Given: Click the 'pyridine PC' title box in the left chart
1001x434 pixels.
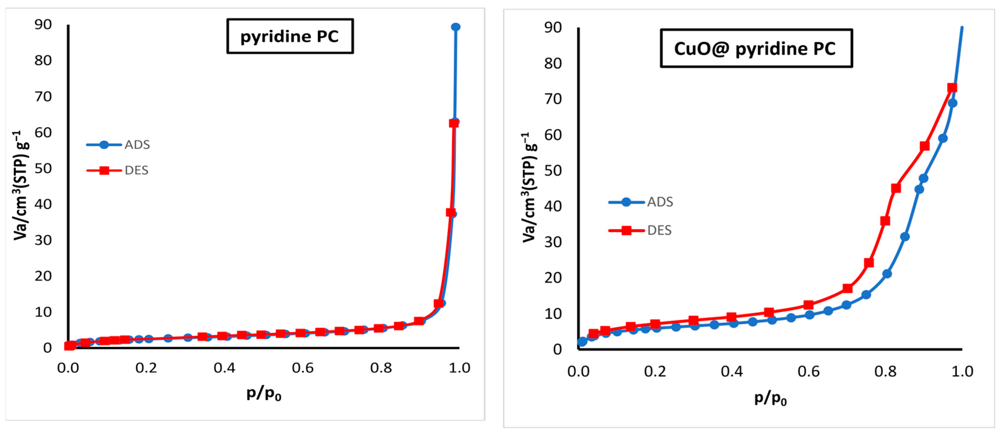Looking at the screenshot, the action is (290, 36).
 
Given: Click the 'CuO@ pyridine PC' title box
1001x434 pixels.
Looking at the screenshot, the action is (756, 48).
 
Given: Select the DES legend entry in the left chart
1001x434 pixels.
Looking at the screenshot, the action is (117, 170).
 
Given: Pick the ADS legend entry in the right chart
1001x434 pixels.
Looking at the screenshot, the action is (641, 202).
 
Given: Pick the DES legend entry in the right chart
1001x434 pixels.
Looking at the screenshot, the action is (640, 230).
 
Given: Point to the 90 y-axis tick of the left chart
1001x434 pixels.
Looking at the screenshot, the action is (43, 25).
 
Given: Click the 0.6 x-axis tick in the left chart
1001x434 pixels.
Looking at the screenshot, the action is (303, 368).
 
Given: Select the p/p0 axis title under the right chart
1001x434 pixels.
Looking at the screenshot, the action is (770, 398).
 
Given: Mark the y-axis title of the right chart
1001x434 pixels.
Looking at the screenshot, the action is (530, 188).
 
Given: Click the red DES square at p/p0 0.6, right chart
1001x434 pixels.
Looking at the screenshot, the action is (809, 305).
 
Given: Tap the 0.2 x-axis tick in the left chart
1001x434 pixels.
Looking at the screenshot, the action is (146, 368).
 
